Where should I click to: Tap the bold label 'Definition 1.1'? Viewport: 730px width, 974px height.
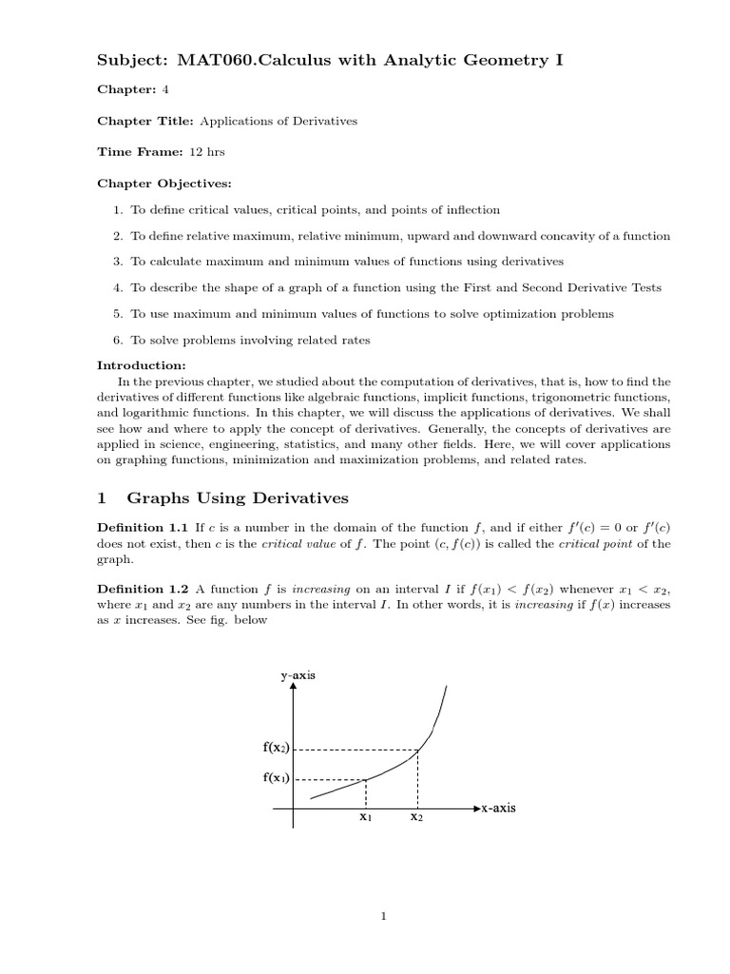click(144, 526)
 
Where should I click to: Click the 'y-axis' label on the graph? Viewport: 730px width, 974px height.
click(297, 675)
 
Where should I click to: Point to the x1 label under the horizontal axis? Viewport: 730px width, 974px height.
click(366, 817)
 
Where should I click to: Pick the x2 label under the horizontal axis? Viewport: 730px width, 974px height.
click(416, 817)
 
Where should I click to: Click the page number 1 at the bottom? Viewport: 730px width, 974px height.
click(383, 917)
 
